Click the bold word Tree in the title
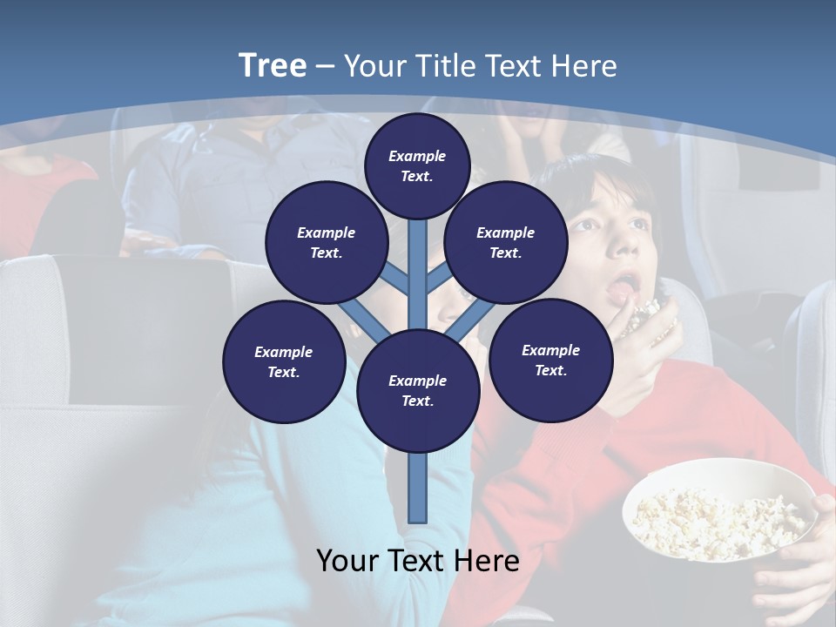click(x=273, y=65)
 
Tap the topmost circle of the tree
click(x=417, y=165)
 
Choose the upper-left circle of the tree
click(x=326, y=242)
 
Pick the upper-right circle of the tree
click(x=505, y=242)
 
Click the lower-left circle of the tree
click(x=283, y=361)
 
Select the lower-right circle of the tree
click(x=550, y=360)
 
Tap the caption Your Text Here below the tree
click(x=417, y=561)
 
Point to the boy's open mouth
click(x=624, y=285)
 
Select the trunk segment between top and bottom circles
click(x=417, y=279)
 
